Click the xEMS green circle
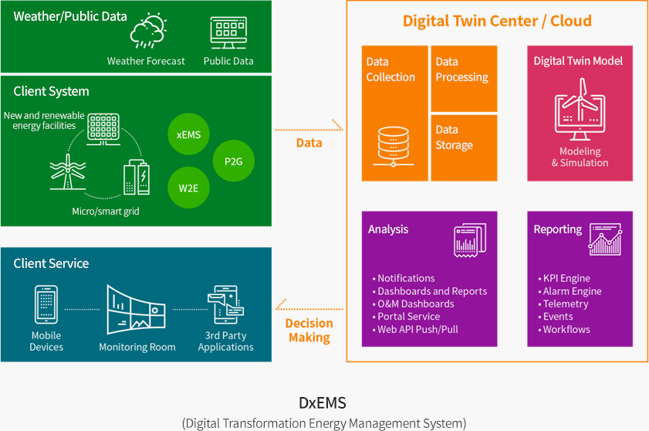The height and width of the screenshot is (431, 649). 188,134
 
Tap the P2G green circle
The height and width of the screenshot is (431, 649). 234,161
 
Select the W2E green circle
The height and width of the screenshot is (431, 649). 188,188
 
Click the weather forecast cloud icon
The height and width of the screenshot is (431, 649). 149,31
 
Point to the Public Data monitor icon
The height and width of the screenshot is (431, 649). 228,33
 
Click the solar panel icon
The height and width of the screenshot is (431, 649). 103,129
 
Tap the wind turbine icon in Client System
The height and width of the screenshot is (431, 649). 67,172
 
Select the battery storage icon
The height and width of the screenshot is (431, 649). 137,177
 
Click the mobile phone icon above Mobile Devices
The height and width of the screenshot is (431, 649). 46,304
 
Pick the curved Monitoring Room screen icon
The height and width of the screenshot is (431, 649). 136,309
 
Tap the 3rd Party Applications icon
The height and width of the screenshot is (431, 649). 225,305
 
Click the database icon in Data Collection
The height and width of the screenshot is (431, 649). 394,147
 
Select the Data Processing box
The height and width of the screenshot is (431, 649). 464,79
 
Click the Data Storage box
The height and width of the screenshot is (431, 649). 464,148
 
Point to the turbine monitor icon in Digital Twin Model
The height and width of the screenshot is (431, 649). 580,110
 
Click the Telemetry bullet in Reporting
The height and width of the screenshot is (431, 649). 563,304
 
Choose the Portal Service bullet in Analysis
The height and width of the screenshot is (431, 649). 406,317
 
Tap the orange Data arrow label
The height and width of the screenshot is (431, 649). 309,143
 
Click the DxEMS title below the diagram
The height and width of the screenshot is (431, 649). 323,403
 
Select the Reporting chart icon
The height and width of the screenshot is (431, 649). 605,239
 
